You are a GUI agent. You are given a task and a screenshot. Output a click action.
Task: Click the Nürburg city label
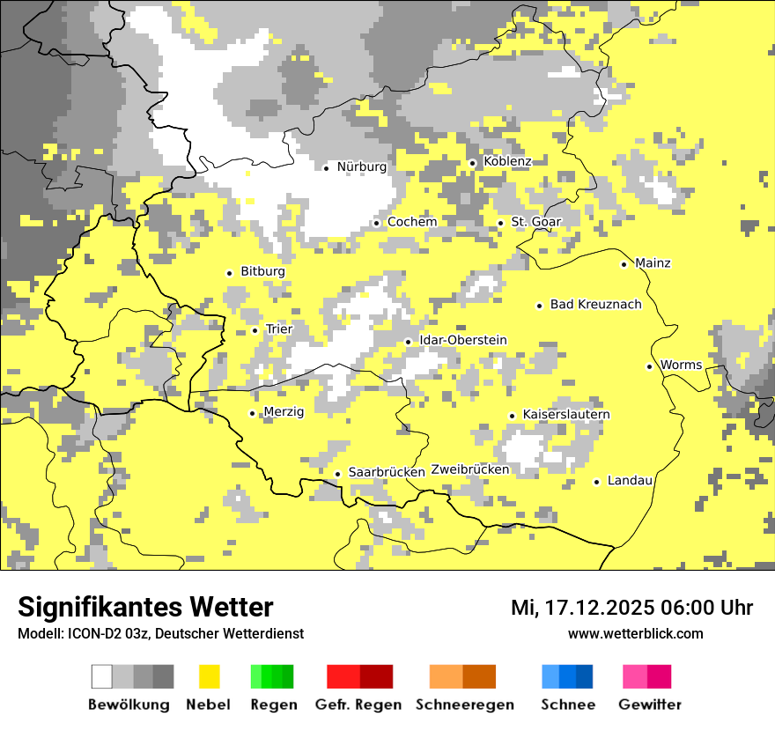(361, 166)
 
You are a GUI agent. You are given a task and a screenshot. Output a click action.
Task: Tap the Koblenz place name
(507, 161)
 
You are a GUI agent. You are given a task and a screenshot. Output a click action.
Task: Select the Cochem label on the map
(412, 222)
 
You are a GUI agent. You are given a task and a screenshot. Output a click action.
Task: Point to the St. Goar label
(535, 222)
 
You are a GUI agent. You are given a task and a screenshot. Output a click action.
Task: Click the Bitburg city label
(262, 271)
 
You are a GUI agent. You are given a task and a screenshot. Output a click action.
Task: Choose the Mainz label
(653, 263)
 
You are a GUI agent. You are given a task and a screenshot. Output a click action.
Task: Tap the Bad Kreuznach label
(595, 305)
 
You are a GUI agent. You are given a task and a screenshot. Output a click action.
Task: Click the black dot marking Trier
(255, 330)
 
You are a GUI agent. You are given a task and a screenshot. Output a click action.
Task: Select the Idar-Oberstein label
(463, 340)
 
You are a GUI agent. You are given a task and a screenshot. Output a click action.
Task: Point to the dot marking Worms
(649, 366)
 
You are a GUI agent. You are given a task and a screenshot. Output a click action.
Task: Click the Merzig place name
(284, 411)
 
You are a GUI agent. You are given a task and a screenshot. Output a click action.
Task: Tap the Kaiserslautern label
(566, 414)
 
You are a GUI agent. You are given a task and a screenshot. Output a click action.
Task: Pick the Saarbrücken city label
(387, 472)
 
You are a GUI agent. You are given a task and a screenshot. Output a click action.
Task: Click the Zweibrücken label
(469, 469)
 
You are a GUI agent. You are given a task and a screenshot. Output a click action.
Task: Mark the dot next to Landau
(596, 482)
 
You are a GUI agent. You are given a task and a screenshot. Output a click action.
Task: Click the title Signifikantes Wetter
(145, 608)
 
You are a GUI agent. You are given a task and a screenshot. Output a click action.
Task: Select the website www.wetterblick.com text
(635, 634)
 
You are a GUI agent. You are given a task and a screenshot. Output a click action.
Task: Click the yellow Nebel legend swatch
(210, 676)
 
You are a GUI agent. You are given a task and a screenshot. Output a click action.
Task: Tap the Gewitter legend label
(650, 705)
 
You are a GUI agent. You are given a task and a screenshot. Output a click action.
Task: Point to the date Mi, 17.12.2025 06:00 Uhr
(631, 608)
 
